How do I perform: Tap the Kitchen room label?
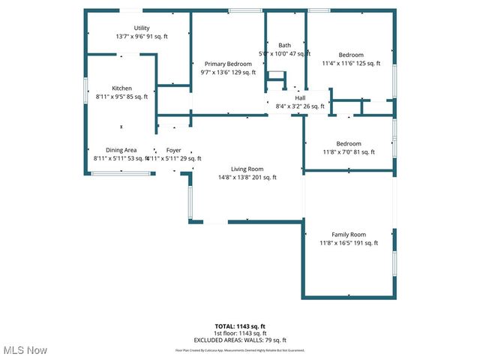pyautogui.click(x=121, y=88)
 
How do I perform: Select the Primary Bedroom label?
pyautogui.click(x=228, y=64)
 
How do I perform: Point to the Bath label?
pyautogui.click(x=284, y=45)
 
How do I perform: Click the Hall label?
pyautogui.click(x=300, y=97)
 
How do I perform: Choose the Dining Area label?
pyautogui.click(x=121, y=150)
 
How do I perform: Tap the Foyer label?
pyautogui.click(x=173, y=150)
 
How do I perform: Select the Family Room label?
pyautogui.click(x=349, y=234)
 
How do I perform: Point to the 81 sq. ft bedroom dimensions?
pyautogui.click(x=348, y=152)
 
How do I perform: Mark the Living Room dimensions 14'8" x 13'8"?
pyautogui.click(x=247, y=178)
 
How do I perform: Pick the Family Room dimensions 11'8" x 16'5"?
pyautogui.click(x=349, y=243)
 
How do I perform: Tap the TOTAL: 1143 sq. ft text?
pyautogui.click(x=240, y=326)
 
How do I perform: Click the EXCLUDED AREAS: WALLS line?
pyautogui.click(x=240, y=339)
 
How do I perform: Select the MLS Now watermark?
pyautogui.click(x=25, y=350)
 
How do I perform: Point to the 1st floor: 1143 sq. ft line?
pyautogui.click(x=240, y=333)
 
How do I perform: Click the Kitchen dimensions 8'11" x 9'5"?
pyautogui.click(x=121, y=97)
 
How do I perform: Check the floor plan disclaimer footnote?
pyautogui.click(x=240, y=349)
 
